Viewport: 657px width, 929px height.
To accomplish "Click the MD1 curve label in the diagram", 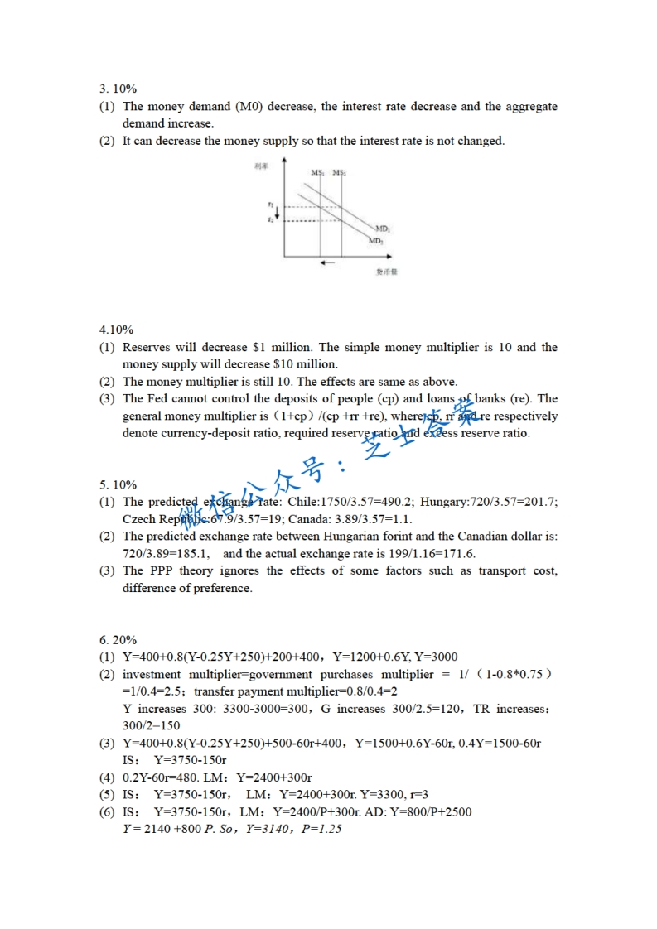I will pyautogui.click(x=384, y=228).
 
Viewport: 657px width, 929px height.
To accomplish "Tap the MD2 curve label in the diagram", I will pyautogui.click(x=376, y=240).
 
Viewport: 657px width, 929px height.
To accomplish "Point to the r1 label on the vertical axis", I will pyautogui.click(x=270, y=204).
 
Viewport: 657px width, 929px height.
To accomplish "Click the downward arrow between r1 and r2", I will pyautogui.click(x=277, y=213).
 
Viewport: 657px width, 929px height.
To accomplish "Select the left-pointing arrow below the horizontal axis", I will pyautogui.click(x=327, y=262).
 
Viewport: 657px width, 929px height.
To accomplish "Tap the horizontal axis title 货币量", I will pyautogui.click(x=386, y=272).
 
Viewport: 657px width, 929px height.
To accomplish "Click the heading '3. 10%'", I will pyautogui.click(x=118, y=89).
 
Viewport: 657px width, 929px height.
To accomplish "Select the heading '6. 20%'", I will pyautogui.click(x=118, y=639).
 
